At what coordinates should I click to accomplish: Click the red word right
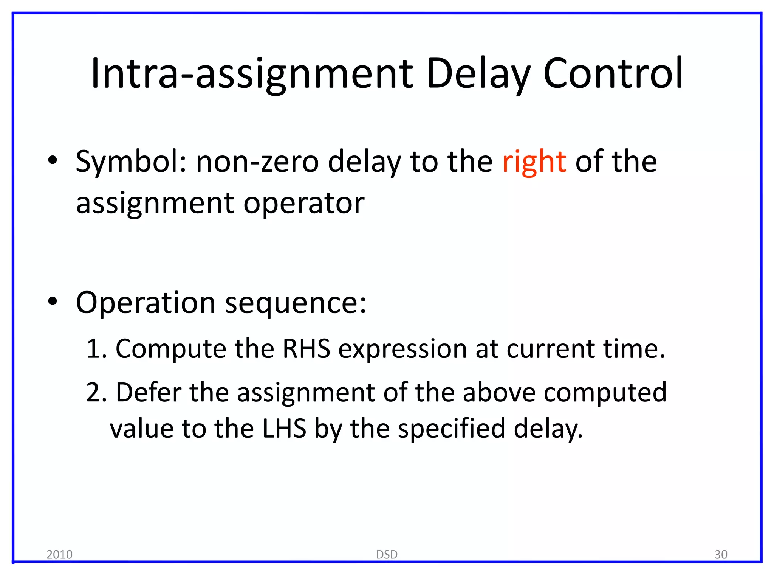[x=534, y=162]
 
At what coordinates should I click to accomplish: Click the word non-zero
[x=257, y=162]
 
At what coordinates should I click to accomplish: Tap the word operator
[x=304, y=204]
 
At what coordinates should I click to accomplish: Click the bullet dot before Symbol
[x=53, y=160]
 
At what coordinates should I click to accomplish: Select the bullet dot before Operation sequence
[x=53, y=301]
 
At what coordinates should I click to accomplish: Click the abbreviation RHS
[x=307, y=348]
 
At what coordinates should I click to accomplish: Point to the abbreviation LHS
[x=284, y=429]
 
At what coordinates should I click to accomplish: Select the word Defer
[x=149, y=392]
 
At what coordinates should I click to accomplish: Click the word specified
[x=452, y=429]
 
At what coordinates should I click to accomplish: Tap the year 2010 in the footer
[x=59, y=555]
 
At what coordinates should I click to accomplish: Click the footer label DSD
[x=387, y=555]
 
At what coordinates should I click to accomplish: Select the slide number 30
[x=721, y=555]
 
